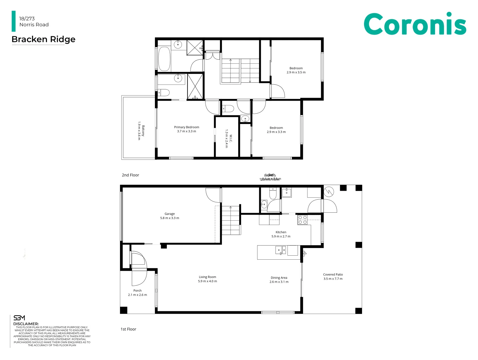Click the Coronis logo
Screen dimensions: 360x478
tap(414, 24)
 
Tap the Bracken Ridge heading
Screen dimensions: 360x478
tap(43, 39)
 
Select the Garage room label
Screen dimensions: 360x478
tap(170, 214)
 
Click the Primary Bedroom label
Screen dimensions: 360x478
tap(187, 127)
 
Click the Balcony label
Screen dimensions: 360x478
tap(143, 130)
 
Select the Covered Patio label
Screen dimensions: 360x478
tap(333, 275)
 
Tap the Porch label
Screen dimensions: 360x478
tap(137, 291)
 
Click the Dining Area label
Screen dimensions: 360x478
tap(279, 278)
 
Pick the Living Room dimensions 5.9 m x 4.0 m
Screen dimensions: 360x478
tap(207, 281)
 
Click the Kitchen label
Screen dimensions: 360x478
tap(281, 232)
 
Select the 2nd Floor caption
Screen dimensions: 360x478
tap(130, 175)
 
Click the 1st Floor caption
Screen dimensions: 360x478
tap(128, 329)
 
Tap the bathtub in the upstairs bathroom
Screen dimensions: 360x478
tap(164, 59)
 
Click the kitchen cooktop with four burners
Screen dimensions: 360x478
tap(302, 220)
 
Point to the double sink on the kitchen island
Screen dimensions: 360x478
tap(280, 250)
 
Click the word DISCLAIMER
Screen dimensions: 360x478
tap(26, 324)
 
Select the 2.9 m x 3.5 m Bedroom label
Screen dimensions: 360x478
tap(296, 68)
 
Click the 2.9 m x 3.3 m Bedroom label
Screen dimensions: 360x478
tap(276, 128)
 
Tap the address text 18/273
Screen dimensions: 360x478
tap(27, 19)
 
